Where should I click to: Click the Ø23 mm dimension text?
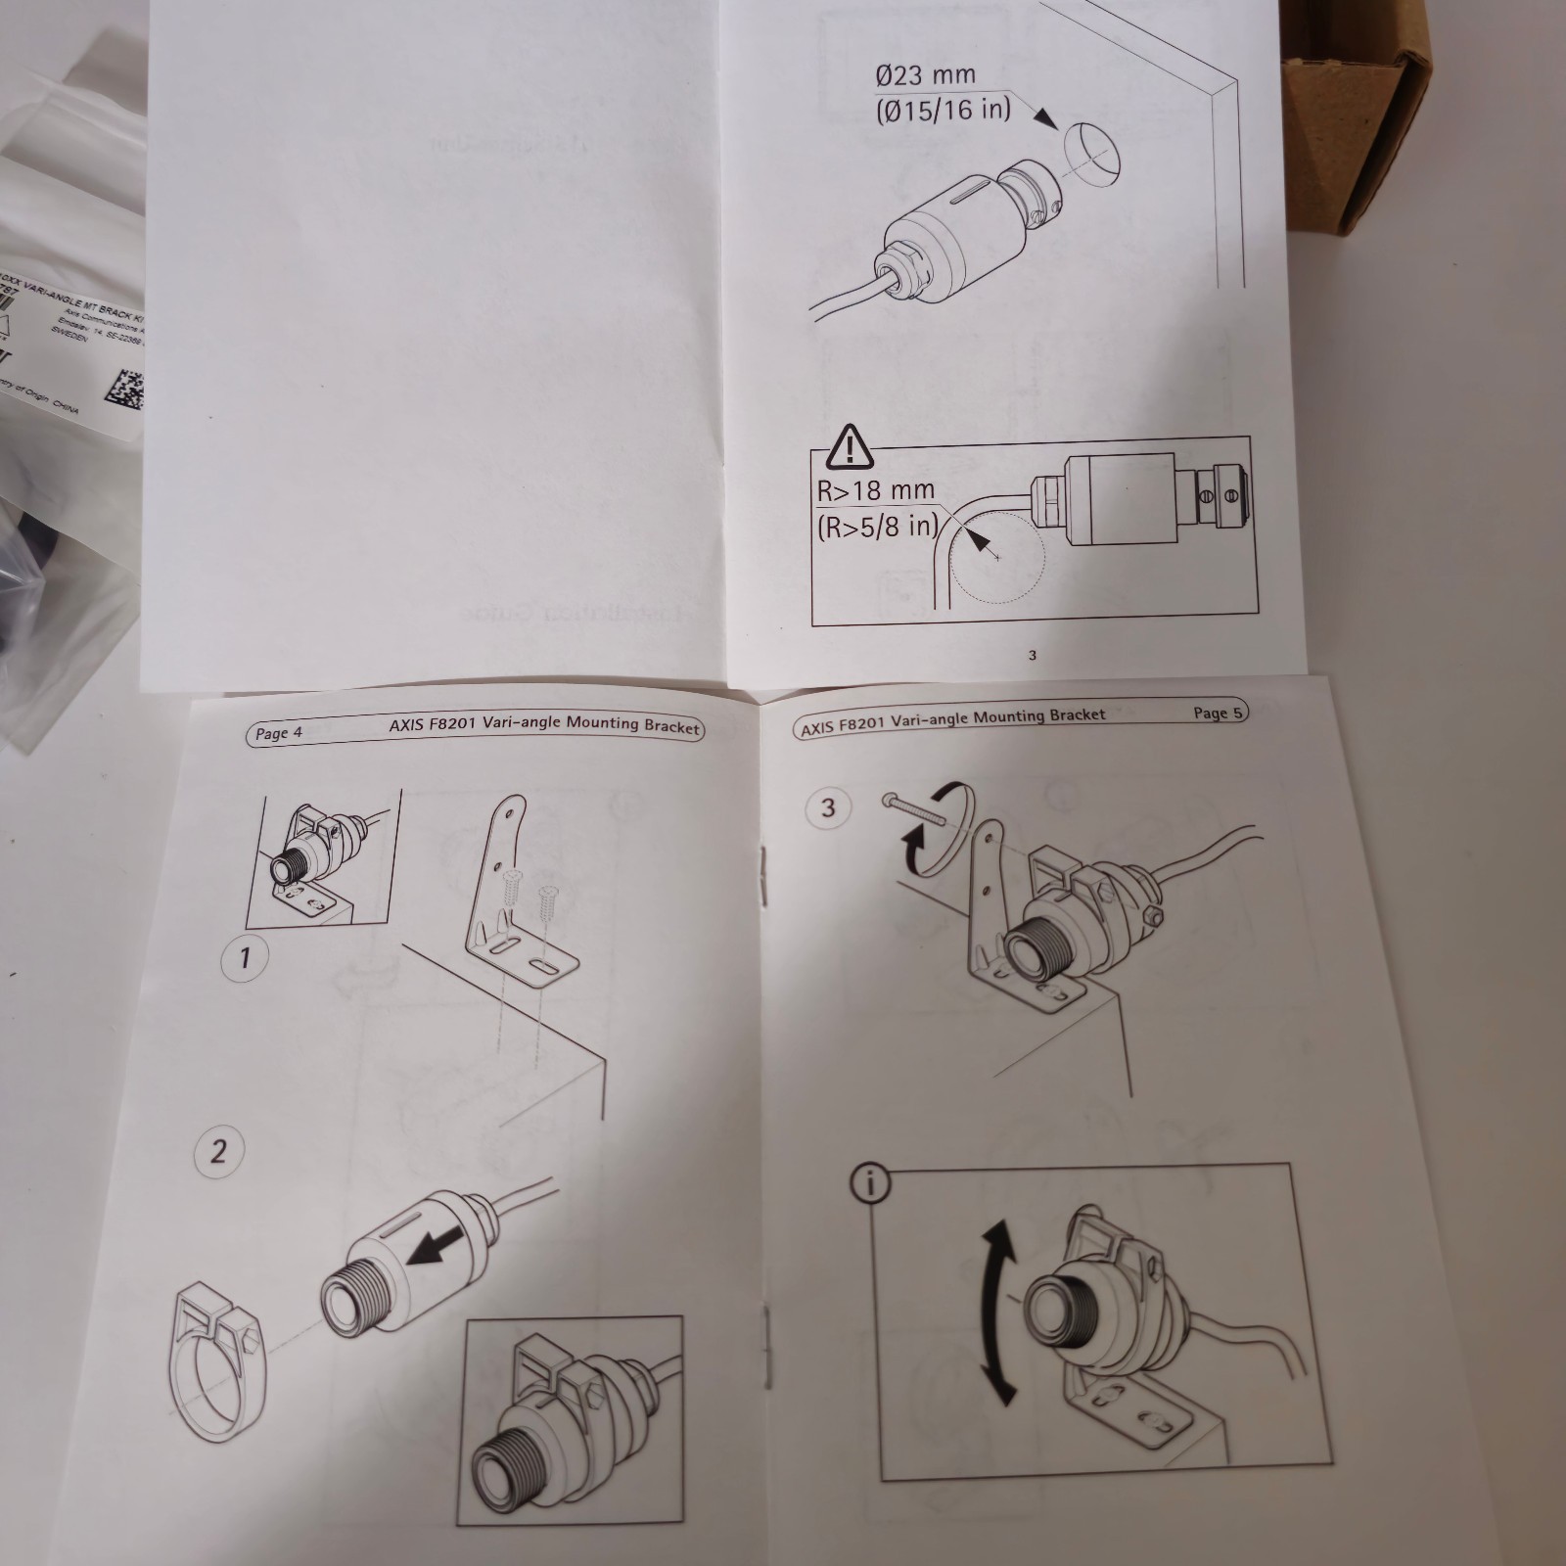(x=925, y=74)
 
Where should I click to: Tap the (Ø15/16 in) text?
(x=942, y=109)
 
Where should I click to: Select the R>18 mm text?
(x=875, y=490)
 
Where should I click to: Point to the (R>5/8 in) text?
(x=877, y=527)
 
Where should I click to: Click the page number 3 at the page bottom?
(x=1032, y=655)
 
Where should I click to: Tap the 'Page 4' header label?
(x=279, y=733)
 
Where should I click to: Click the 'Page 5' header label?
(x=1218, y=713)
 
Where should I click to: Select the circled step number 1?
(x=245, y=955)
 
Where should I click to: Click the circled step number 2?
(x=218, y=1150)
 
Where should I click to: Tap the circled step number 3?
(x=828, y=807)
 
